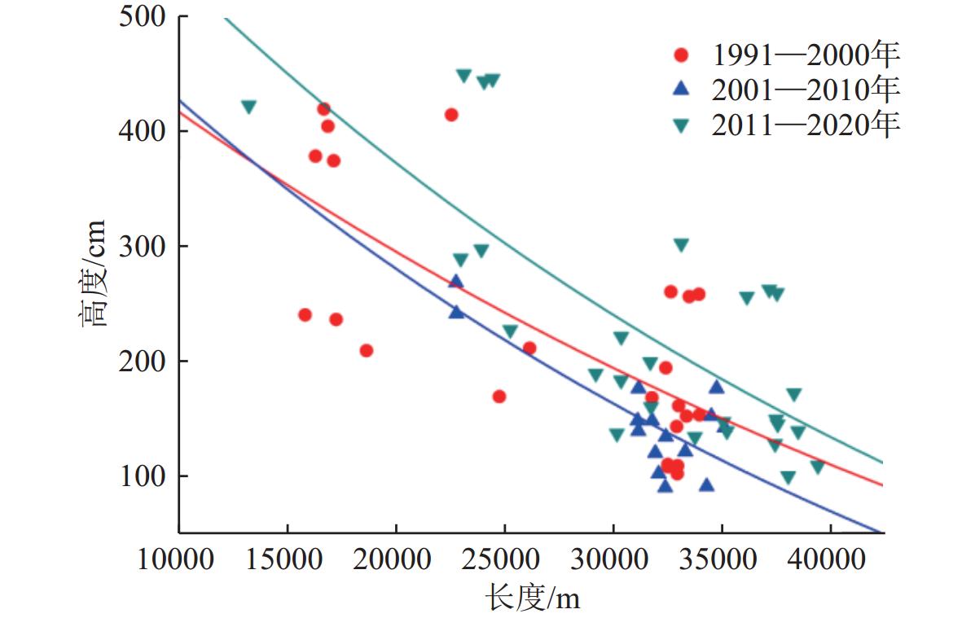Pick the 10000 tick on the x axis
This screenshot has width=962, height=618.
click(178, 561)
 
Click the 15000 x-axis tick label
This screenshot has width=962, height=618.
click(287, 561)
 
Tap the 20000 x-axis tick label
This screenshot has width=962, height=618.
click(396, 561)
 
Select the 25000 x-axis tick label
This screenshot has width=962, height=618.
click(504, 561)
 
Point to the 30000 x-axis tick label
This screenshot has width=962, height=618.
click(613, 561)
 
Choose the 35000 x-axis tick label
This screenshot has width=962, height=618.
click(722, 561)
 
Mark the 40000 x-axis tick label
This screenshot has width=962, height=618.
click(830, 561)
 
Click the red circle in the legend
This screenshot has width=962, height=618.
click(682, 55)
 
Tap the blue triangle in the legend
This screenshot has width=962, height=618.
click(682, 90)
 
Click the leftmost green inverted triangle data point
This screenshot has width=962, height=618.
click(248, 107)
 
